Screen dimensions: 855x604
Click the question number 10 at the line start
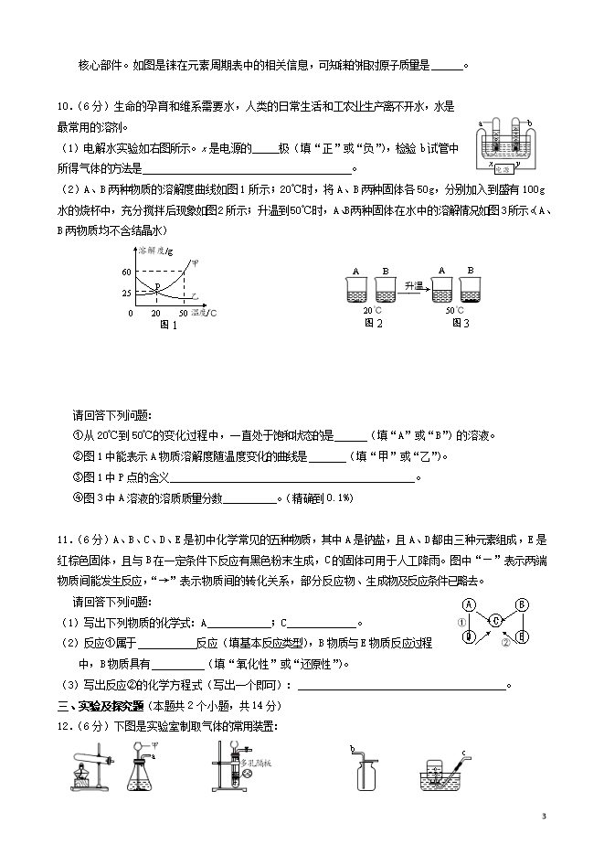(64, 106)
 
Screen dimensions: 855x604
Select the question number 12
(64, 726)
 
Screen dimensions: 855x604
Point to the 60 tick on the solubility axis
(126, 272)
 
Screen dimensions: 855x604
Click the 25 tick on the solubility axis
(126, 292)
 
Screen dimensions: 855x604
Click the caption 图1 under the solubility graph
(167, 325)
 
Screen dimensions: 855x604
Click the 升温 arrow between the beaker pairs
(414, 287)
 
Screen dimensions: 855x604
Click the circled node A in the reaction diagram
(469, 604)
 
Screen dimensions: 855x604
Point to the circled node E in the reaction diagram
(521, 636)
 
